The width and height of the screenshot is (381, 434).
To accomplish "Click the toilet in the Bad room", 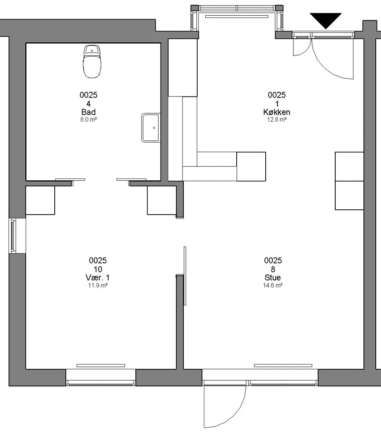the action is click(x=92, y=61).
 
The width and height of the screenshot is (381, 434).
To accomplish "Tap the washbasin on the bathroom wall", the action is click(x=151, y=128).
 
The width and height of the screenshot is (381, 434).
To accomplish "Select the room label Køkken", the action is click(x=277, y=112).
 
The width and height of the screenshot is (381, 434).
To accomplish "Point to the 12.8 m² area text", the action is click(x=277, y=119).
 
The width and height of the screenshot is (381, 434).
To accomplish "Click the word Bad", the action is click(x=89, y=112).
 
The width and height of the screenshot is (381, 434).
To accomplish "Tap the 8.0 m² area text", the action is click(x=89, y=119).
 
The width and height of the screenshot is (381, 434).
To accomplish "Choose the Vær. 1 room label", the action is click(x=98, y=277).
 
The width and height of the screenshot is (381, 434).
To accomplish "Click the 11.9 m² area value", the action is click(x=98, y=285).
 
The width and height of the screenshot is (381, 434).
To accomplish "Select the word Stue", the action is click(x=273, y=277).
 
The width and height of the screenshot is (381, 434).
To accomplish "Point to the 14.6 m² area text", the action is click(x=273, y=285).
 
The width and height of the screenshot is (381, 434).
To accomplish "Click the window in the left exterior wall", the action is click(x=13, y=236).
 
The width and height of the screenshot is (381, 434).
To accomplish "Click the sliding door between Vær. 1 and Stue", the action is click(x=185, y=276).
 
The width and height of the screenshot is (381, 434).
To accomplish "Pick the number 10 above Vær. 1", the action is click(x=98, y=269).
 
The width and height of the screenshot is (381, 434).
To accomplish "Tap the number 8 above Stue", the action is click(x=273, y=269).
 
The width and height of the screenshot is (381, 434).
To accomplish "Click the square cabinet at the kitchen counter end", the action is click(x=251, y=167).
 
